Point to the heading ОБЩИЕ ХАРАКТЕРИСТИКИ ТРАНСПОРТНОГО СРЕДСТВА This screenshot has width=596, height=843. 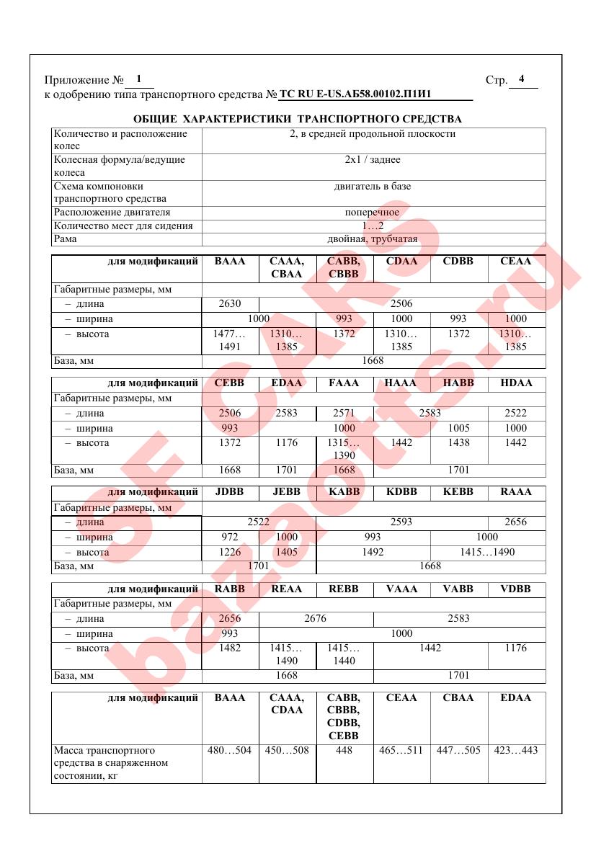[298, 119]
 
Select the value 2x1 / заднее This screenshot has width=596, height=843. [373, 160]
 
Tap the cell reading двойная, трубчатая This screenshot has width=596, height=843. [373, 239]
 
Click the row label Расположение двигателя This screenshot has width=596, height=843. [112, 213]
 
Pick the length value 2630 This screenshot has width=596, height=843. [230, 304]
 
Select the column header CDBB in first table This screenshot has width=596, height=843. [458, 262]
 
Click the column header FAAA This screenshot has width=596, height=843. [344, 383]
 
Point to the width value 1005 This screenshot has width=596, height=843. [458, 428]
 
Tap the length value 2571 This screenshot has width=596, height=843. [344, 414]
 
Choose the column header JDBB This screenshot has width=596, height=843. [230, 492]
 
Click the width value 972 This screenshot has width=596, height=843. [230, 537]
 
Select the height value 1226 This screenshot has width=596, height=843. [230, 553]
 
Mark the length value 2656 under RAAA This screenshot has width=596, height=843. [516, 522]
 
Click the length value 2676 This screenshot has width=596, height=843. [316, 619]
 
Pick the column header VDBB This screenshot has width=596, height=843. [516, 589]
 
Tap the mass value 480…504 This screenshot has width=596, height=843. [230, 751]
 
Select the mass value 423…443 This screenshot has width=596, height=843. [516, 751]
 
